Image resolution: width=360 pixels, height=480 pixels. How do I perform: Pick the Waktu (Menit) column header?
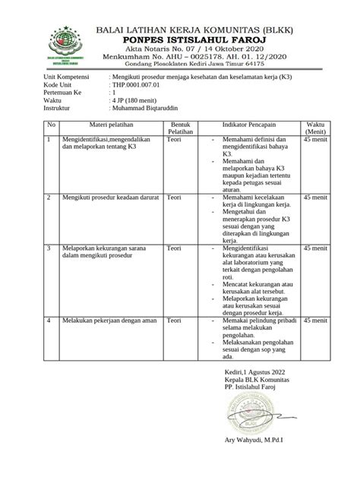(x=314, y=129)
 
